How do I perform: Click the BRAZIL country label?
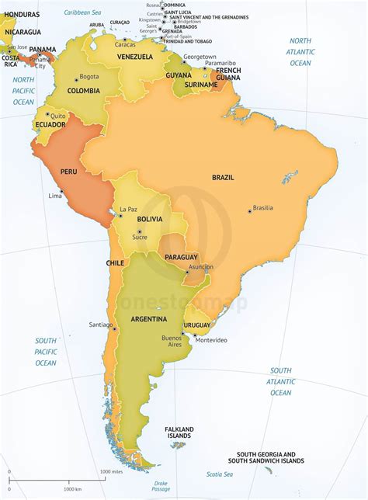(224, 178)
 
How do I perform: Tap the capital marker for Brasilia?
(249, 210)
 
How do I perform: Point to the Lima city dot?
(61, 191)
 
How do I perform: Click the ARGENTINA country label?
(148, 318)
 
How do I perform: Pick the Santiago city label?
(101, 325)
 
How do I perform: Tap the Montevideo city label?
(211, 340)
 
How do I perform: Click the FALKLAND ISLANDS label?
(179, 432)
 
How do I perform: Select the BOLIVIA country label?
(150, 219)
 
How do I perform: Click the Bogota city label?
(89, 77)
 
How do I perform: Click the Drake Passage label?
(161, 486)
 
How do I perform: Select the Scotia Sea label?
(220, 474)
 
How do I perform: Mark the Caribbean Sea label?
(83, 13)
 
